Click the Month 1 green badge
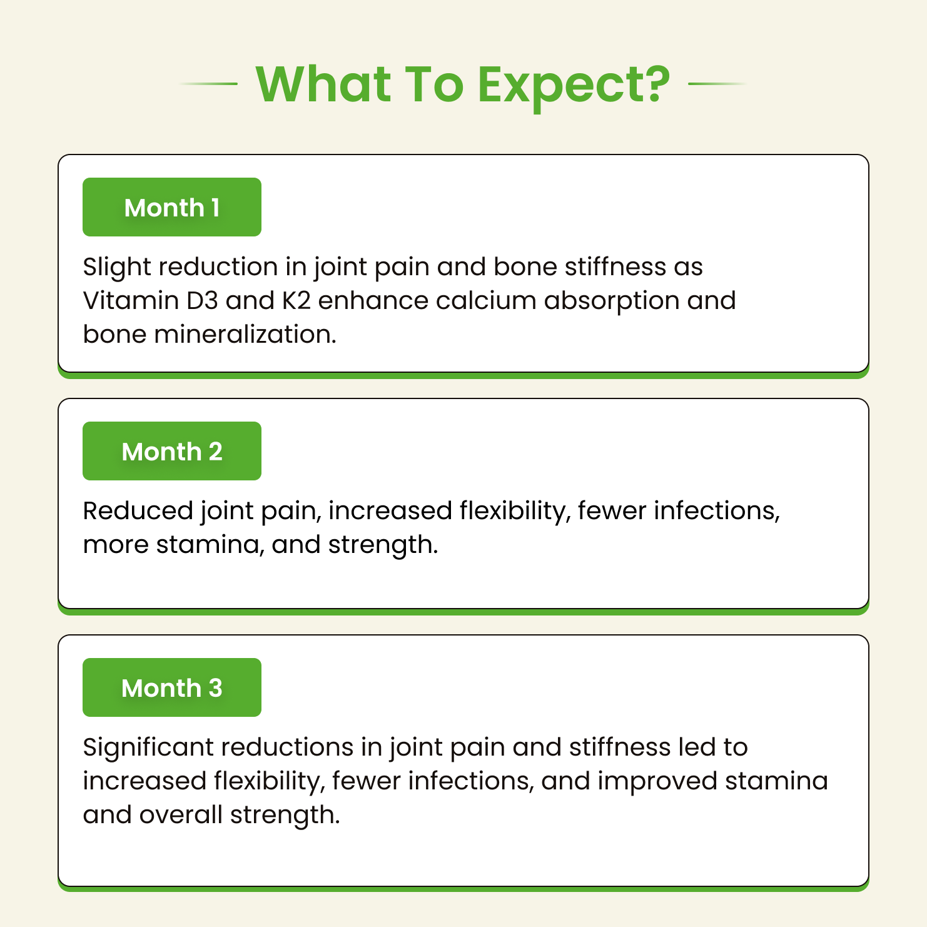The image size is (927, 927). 172,207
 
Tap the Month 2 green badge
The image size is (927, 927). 172,451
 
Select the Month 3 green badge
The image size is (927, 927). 172,687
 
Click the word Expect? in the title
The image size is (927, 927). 574,86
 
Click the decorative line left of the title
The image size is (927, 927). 208,83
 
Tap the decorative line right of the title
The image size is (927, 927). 717,83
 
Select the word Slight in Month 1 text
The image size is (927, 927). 117,267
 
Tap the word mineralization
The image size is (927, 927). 245,335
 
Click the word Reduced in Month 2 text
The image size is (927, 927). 138,511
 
